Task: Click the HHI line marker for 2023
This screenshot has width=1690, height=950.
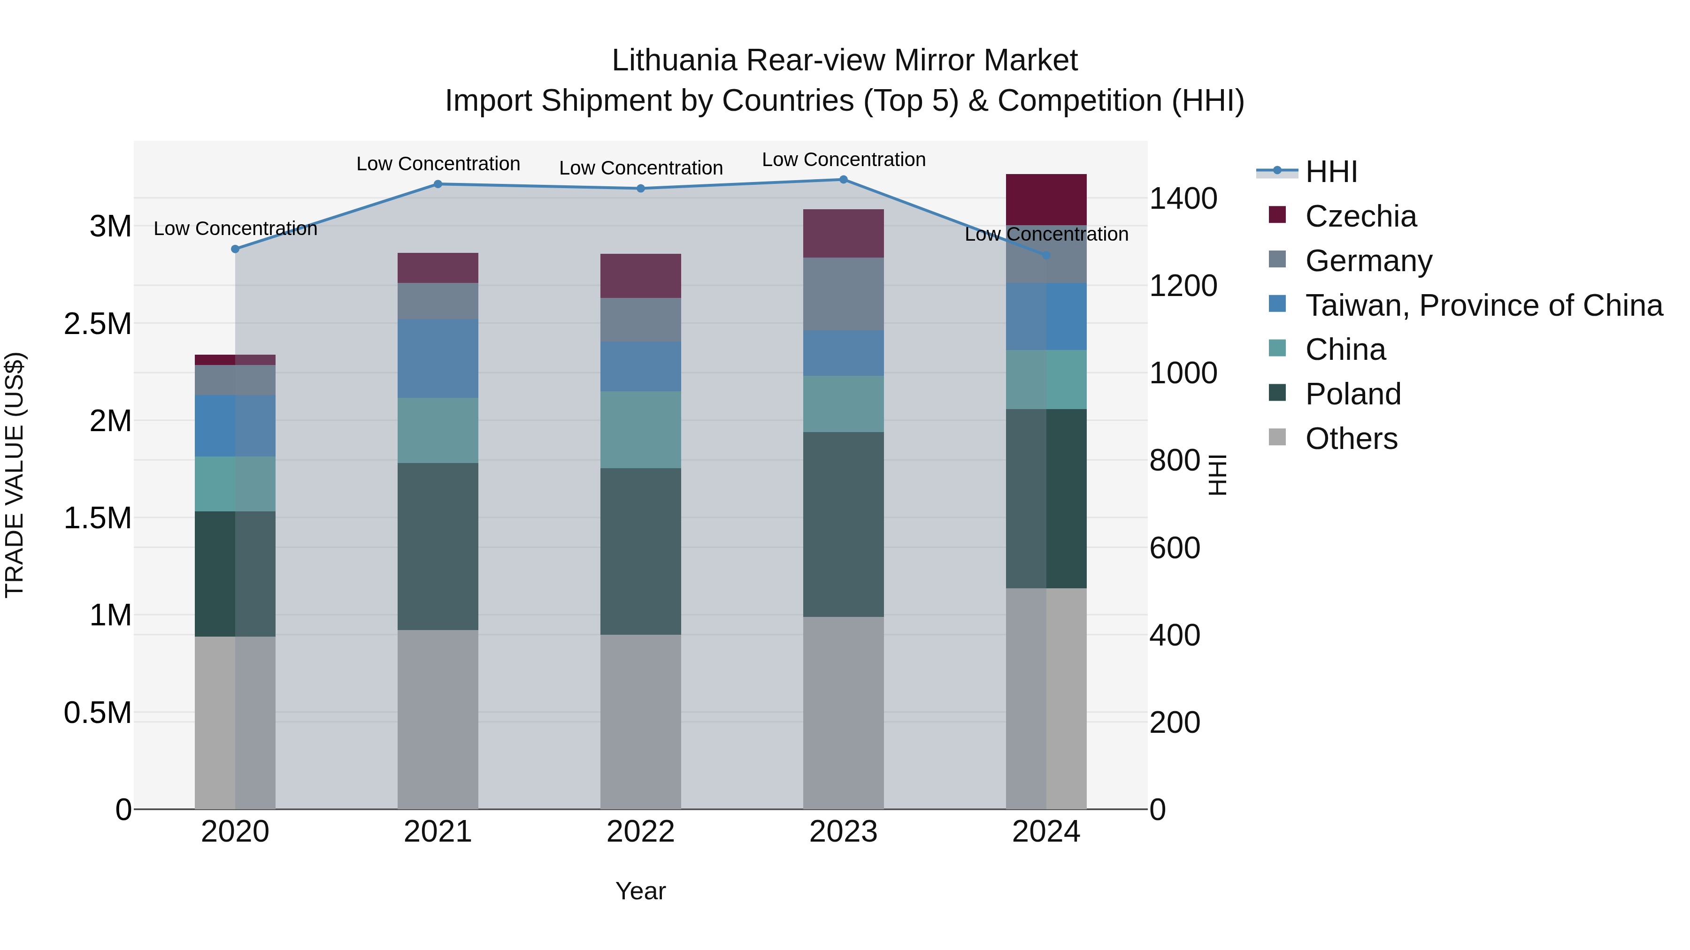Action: [x=843, y=180]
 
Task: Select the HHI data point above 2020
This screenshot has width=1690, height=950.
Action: [x=236, y=249]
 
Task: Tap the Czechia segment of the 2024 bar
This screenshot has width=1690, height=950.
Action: [x=1046, y=199]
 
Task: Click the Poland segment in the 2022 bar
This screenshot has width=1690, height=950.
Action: [x=640, y=551]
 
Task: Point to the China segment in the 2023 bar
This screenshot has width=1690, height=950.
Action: [x=843, y=404]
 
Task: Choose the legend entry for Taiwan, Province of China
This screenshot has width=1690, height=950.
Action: [x=1483, y=305]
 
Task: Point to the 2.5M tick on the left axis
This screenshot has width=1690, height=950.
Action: [x=97, y=324]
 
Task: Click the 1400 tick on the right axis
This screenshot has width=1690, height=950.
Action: [x=1183, y=198]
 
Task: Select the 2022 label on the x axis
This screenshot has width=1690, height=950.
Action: [x=640, y=832]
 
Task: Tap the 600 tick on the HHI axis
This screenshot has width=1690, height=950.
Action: [x=1175, y=548]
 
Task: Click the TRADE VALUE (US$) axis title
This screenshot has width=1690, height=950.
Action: [x=15, y=475]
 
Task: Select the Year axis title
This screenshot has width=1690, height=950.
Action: [x=640, y=891]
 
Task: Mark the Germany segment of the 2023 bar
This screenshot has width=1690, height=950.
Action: [x=843, y=294]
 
